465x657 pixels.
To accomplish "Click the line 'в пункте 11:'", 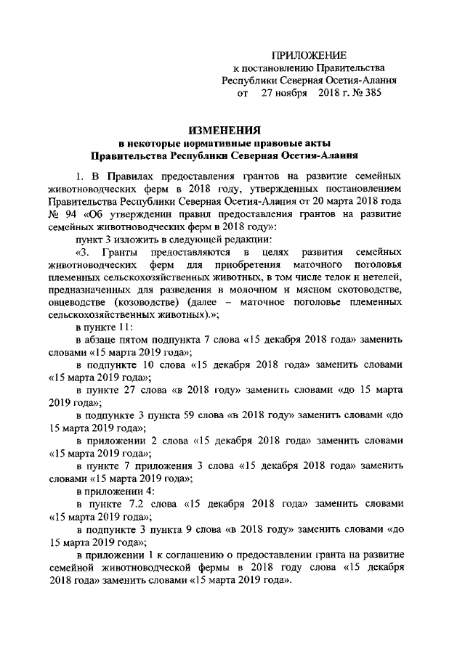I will (x=102, y=327).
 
